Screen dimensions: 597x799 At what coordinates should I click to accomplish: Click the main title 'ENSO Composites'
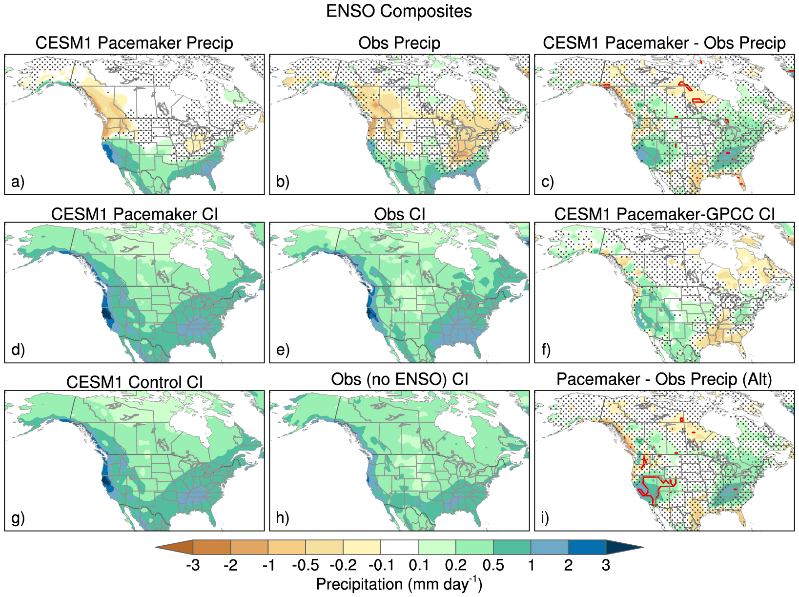coord(399,11)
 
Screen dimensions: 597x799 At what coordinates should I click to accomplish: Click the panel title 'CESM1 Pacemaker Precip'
coord(134,43)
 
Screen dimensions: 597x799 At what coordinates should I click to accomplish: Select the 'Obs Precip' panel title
coord(399,43)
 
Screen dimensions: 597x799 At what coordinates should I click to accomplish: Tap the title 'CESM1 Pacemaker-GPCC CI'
coord(664,214)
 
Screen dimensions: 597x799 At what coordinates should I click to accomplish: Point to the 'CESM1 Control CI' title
coord(134,382)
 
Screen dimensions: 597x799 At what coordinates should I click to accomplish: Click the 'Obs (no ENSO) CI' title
coord(399,379)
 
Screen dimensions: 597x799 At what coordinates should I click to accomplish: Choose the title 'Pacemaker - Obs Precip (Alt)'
coord(664,379)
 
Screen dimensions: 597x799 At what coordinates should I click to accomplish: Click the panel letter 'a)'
coord(18,182)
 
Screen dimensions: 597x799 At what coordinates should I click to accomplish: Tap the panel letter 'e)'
coord(283,350)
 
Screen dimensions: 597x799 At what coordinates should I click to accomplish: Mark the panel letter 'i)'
coord(545,518)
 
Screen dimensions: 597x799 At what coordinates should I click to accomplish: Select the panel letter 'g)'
coord(18,518)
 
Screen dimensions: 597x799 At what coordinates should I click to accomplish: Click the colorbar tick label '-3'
coord(193,565)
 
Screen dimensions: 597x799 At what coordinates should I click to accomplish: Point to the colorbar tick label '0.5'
coord(493,565)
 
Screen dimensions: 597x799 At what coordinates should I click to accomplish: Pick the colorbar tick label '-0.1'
coord(381,565)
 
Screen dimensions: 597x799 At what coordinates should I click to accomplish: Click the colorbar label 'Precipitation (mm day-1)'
coord(399,584)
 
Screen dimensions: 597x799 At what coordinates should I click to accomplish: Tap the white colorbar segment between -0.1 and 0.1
coord(399,547)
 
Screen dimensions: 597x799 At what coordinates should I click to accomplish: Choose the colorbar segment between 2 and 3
coord(587,547)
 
